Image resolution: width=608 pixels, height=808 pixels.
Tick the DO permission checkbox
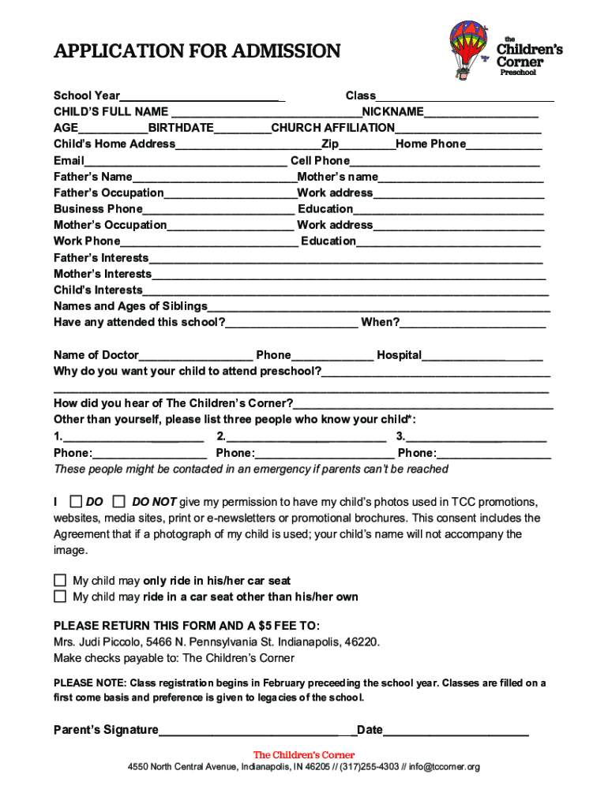coord(76,501)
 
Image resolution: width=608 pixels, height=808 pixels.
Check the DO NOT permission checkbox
coord(119,501)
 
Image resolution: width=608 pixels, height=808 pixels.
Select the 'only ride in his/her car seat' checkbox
coord(60,581)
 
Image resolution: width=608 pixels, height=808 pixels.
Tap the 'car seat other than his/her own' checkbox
coord(60,597)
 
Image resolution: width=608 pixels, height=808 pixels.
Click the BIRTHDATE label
coord(181,128)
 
